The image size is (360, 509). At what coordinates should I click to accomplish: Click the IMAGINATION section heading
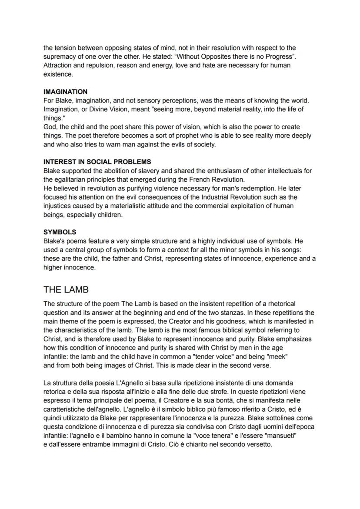tap(65, 92)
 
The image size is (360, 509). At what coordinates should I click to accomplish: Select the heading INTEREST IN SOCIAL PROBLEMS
tap(97, 162)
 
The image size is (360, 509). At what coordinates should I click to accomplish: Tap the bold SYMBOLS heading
tap(60, 232)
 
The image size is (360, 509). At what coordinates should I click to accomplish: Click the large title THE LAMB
tap(66, 289)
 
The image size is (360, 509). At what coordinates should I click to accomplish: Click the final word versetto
tap(258, 444)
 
